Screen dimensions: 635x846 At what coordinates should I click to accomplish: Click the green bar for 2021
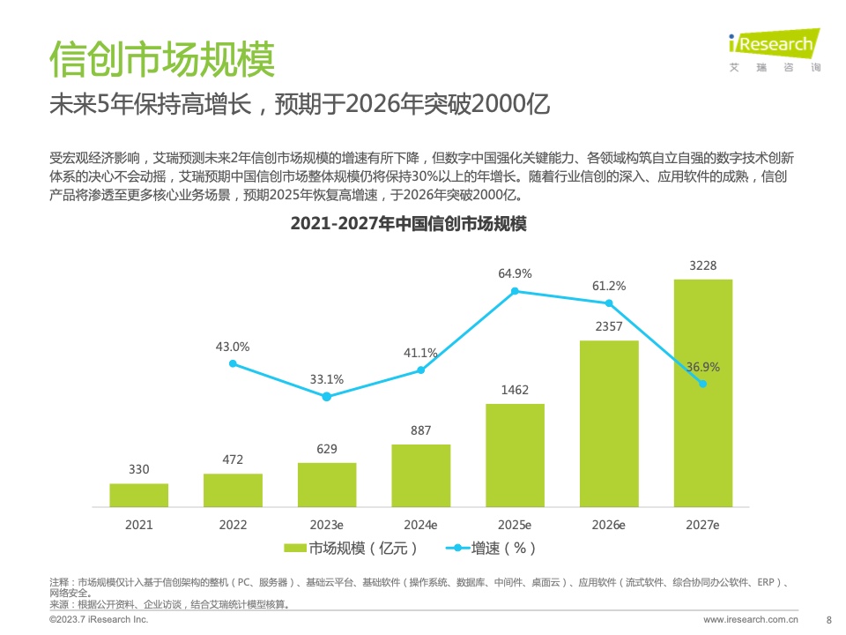138,495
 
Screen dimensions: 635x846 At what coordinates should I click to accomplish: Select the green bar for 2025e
515,455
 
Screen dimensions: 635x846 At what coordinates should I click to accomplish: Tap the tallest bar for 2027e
702,392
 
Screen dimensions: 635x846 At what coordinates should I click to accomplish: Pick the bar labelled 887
420,475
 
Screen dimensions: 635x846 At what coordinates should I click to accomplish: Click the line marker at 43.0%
233,363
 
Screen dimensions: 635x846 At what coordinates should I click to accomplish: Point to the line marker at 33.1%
327,397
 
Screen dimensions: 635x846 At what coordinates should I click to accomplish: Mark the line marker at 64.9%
515,291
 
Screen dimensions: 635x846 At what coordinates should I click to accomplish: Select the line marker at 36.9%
702,384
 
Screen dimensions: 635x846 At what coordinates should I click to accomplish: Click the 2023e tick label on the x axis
327,525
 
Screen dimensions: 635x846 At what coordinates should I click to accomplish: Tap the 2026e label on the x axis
609,525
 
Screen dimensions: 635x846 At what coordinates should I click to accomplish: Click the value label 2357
609,327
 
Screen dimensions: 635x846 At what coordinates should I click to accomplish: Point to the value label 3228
702,266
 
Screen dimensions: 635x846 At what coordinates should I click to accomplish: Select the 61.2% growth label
609,286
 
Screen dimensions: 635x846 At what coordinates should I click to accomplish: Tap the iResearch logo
775,49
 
